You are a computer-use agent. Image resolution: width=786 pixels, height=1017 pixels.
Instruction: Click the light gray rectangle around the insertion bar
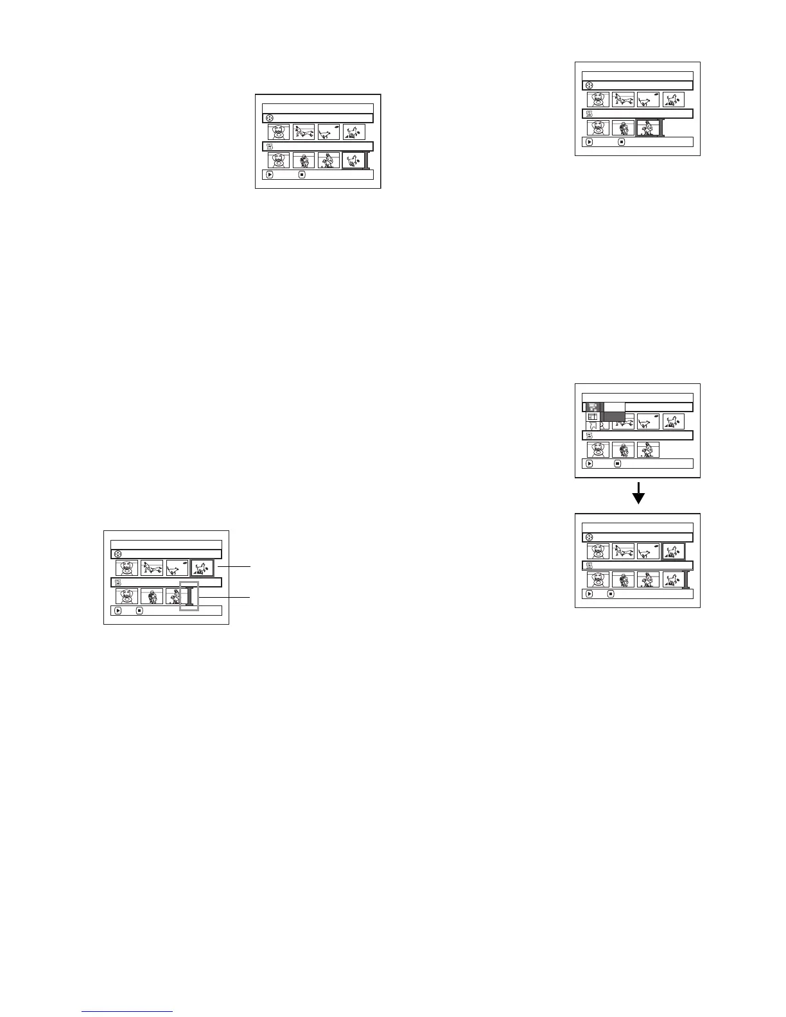tap(189, 596)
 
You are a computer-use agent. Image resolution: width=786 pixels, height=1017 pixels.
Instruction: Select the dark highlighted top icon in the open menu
tap(593, 406)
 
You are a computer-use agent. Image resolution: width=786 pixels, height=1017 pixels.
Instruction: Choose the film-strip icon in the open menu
tap(593, 417)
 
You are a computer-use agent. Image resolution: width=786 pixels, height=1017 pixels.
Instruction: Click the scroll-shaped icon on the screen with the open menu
tap(589, 435)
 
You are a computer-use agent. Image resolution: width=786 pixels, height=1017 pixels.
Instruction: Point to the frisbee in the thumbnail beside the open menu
tap(656, 417)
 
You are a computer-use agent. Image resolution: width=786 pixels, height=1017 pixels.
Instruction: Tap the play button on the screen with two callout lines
tap(118, 611)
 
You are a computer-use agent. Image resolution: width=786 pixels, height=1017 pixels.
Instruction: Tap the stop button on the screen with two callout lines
tap(139, 611)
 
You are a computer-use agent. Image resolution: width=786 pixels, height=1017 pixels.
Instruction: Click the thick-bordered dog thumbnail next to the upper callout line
tap(202, 568)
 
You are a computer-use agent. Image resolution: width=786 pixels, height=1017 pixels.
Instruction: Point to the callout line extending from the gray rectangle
tap(224, 597)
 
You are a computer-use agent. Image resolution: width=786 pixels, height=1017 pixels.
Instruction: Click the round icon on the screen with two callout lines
tap(118, 554)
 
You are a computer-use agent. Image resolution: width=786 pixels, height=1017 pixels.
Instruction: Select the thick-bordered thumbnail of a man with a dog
tap(648, 128)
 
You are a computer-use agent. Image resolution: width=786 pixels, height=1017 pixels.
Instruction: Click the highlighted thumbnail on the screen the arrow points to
tap(674, 552)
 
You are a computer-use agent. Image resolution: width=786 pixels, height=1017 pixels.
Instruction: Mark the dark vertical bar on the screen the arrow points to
tap(686, 579)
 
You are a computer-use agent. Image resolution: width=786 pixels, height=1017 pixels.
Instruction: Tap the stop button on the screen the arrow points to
tap(611, 594)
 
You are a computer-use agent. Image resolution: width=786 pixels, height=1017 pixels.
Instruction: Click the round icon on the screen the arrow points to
tap(589, 537)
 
